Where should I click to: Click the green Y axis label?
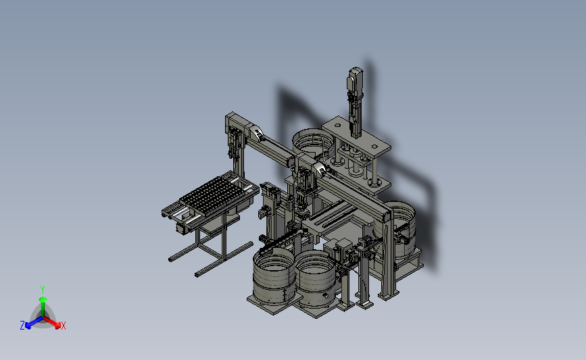pyautogui.click(x=42, y=290)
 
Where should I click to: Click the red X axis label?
pyautogui.click(x=63, y=326)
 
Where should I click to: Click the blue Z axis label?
pyautogui.click(x=22, y=326)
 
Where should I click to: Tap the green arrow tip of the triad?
pyautogui.click(x=43, y=299)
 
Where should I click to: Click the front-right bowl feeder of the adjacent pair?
pyautogui.click(x=315, y=277)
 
